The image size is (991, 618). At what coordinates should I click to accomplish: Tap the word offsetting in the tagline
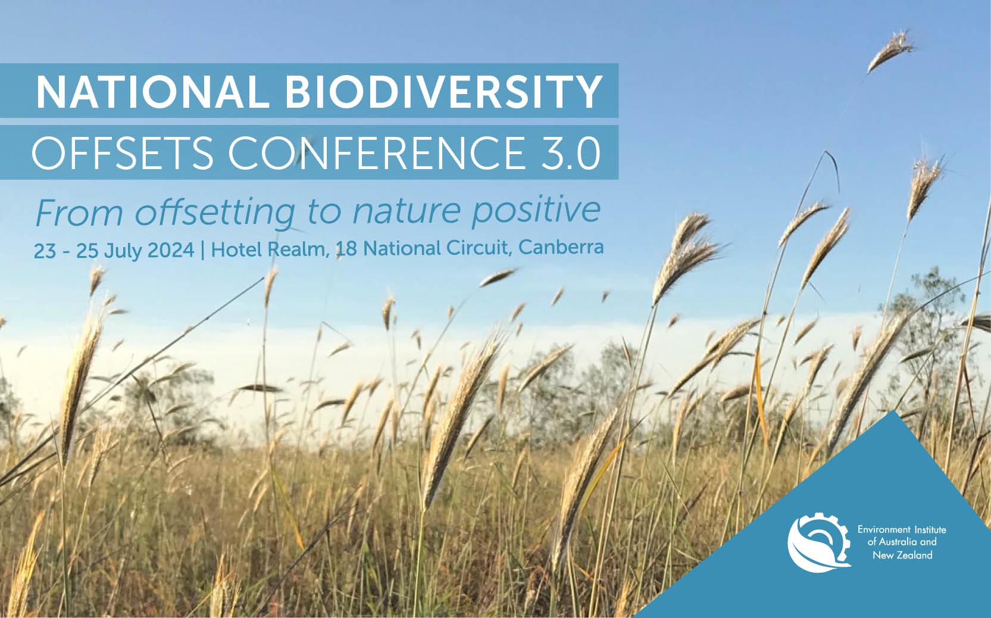pos(214,212)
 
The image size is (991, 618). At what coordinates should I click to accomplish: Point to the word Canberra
pos(561,246)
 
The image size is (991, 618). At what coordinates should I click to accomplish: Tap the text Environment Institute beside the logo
pos(901,529)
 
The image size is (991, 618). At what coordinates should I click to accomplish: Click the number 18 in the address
pos(346,249)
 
